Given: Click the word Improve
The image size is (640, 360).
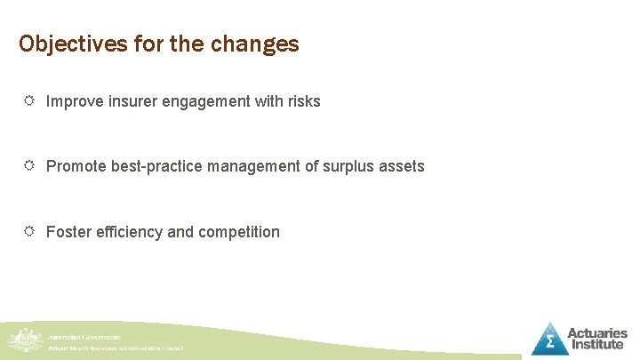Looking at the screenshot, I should [74, 101].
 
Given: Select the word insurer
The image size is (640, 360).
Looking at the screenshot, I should [131, 101].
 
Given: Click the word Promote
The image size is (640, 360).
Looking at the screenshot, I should [76, 166].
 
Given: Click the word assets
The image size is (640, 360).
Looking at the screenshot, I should [404, 166].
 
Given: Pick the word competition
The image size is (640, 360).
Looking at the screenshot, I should [238, 232].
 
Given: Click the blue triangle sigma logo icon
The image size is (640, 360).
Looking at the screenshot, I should [549, 339].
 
